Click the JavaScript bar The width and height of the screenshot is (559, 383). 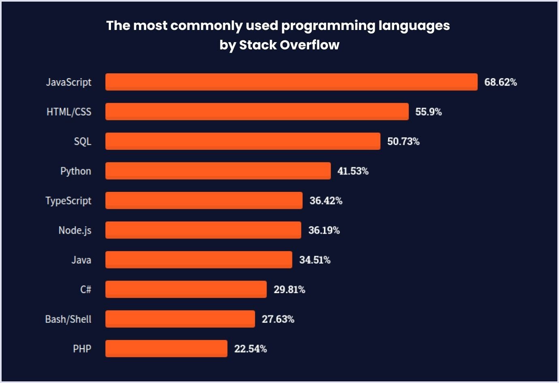click(x=291, y=82)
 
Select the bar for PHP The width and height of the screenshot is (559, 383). click(x=166, y=349)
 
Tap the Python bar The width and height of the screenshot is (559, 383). click(x=218, y=171)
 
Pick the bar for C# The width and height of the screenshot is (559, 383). click(x=186, y=289)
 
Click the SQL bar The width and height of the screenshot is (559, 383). click(x=243, y=141)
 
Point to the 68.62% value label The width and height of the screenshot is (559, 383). click(x=500, y=82)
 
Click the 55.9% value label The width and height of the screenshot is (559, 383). click(x=428, y=112)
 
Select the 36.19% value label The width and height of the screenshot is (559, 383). click(x=324, y=230)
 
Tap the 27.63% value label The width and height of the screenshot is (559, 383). click(x=278, y=319)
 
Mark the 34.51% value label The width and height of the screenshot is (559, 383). click(x=315, y=260)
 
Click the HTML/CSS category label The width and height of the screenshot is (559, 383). click(x=69, y=112)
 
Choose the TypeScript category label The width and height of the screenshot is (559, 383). click(x=68, y=201)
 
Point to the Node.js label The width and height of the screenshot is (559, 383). click(x=75, y=230)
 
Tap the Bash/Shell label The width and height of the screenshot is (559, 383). click(x=68, y=319)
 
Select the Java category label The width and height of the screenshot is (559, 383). click(x=81, y=260)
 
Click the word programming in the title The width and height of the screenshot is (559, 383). click(x=328, y=26)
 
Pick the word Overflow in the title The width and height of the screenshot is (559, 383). click(x=309, y=45)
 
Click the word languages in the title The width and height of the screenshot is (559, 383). click(x=414, y=26)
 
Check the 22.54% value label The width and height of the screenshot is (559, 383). click(x=250, y=349)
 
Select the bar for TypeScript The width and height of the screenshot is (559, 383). click(x=204, y=200)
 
